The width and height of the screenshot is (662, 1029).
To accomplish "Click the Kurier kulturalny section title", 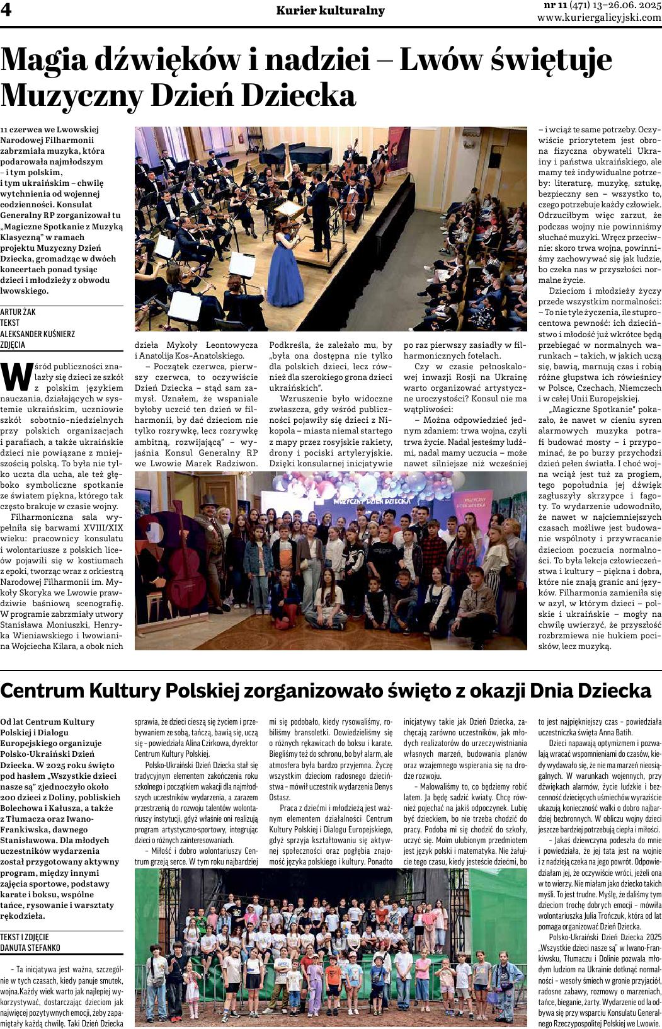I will [x=330, y=11].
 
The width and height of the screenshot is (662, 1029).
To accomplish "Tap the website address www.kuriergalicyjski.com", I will [x=599, y=18].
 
